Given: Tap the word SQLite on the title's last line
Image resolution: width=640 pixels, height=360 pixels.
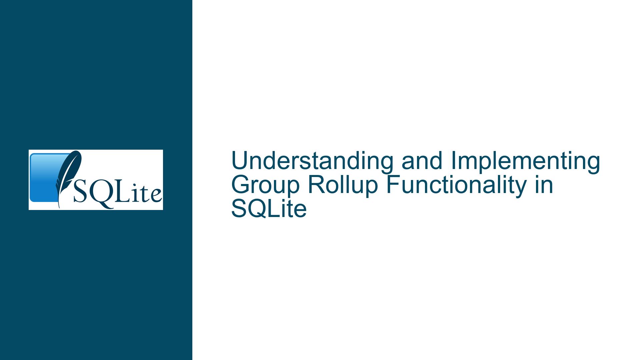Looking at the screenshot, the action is [269, 209].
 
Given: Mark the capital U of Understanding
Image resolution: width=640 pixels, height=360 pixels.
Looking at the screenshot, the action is [239, 161].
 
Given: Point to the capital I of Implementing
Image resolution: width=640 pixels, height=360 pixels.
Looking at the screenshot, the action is [453, 161].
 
